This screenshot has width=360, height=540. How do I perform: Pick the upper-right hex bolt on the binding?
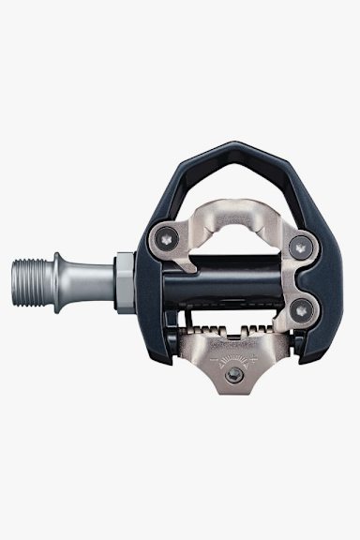click(300, 247)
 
